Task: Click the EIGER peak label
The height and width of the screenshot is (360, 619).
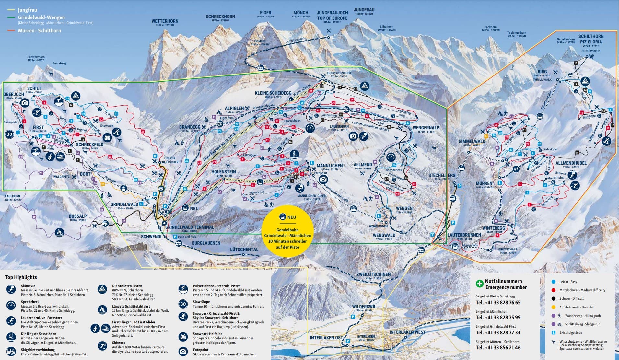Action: [x=265, y=13]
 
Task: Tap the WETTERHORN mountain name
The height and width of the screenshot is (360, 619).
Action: [x=165, y=21]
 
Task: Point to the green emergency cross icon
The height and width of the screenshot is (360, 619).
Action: [x=479, y=284]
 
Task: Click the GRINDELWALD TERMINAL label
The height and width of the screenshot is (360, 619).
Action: [x=189, y=227]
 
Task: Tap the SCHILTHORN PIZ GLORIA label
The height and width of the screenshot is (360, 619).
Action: [x=591, y=39]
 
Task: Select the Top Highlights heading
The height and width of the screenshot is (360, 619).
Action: [x=21, y=277]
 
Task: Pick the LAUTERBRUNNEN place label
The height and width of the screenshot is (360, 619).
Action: [x=464, y=235]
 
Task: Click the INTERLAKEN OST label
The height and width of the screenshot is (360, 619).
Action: [x=326, y=337]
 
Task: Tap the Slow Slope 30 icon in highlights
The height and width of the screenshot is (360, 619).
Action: [x=183, y=304]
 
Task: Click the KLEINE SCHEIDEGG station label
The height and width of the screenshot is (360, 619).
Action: [x=273, y=93]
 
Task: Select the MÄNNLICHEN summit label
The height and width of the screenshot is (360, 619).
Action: [x=329, y=165]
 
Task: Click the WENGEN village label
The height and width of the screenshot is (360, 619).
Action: [x=404, y=208]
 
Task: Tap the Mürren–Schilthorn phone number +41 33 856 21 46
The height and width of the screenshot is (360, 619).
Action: [x=498, y=347]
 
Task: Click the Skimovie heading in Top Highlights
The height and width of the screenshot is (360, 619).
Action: [x=28, y=286]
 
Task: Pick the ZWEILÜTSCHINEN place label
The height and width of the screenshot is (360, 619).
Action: [x=373, y=274]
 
